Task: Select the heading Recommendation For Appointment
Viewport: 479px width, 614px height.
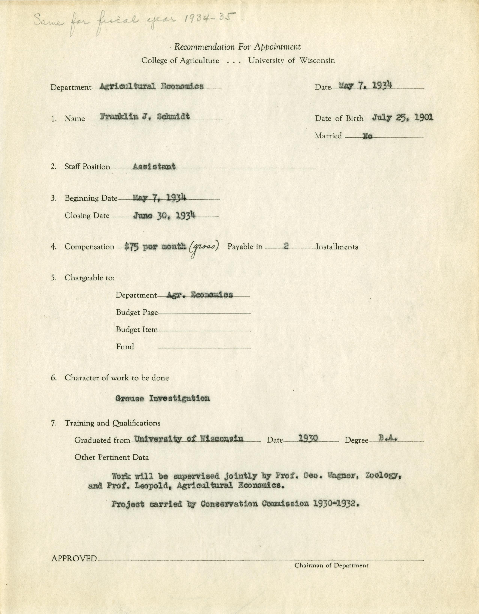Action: tap(237, 47)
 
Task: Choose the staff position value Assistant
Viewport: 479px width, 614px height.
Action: tap(154, 166)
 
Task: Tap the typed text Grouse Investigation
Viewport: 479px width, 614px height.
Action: tap(163, 398)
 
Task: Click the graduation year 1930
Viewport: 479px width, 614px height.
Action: tap(308, 439)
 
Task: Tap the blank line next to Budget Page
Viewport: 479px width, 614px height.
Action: tap(204, 313)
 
